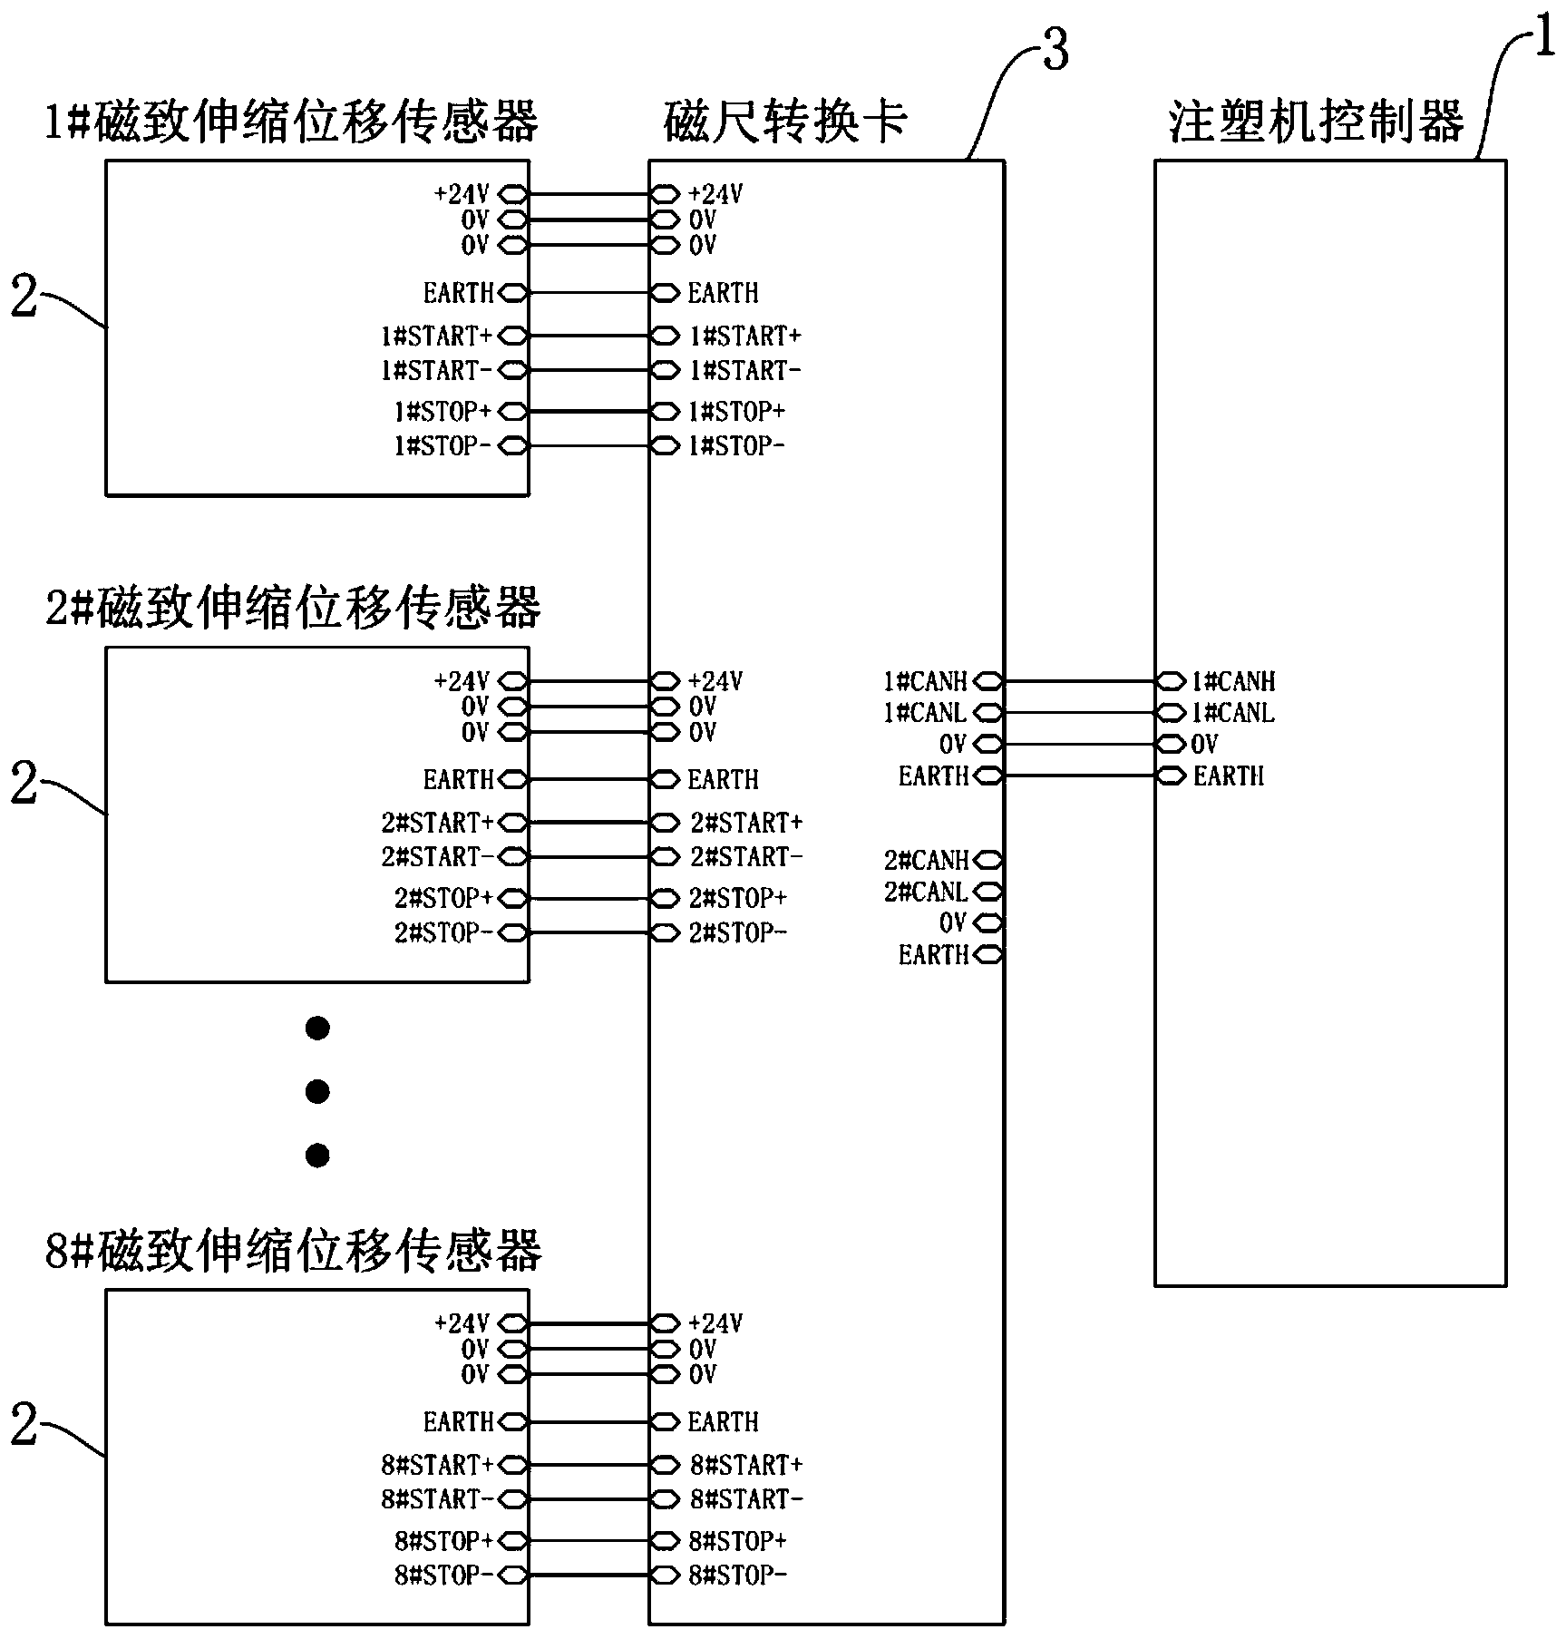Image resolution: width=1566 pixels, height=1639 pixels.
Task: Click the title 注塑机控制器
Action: coord(1316,122)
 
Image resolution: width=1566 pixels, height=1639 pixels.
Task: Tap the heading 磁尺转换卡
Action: coord(785,122)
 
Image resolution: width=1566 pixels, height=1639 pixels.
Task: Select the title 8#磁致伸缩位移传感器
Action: coord(293,1251)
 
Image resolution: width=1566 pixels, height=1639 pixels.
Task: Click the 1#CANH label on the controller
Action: coord(1233,681)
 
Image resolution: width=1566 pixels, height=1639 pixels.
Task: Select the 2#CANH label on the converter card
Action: coord(926,860)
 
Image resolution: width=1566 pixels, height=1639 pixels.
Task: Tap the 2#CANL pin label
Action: coord(926,893)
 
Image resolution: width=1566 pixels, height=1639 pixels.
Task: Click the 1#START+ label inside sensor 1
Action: coord(436,337)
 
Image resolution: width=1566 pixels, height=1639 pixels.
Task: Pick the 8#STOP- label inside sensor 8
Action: coord(443,1576)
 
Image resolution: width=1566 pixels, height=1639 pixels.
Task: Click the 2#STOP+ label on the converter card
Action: coord(738,899)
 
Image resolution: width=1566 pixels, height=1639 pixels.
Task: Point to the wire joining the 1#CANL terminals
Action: coord(1080,713)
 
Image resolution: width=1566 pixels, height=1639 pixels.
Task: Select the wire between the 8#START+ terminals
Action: coord(589,1465)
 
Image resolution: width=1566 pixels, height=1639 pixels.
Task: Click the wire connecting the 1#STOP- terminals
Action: coord(589,446)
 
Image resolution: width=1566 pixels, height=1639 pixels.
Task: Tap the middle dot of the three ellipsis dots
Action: coord(317,1091)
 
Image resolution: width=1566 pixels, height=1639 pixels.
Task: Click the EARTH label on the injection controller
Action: coord(1229,776)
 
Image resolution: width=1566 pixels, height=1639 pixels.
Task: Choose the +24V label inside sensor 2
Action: coord(462,681)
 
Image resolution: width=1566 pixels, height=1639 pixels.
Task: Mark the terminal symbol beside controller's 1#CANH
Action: coord(1172,681)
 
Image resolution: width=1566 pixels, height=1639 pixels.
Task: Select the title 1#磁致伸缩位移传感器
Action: coord(292,122)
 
